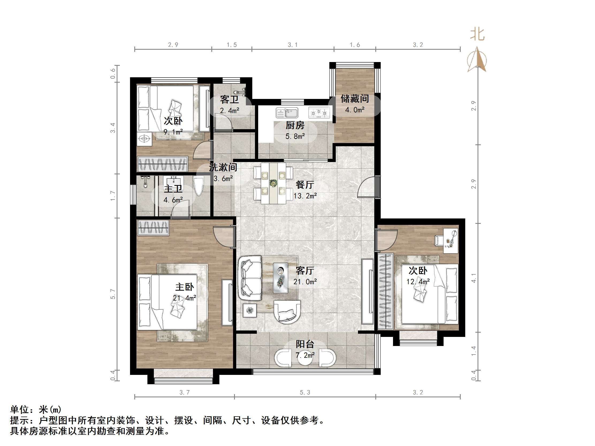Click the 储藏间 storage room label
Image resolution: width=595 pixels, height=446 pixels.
pyautogui.click(x=354, y=99)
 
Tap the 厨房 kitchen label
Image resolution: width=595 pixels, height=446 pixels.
pyautogui.click(x=295, y=125)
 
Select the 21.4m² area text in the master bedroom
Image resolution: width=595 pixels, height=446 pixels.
pyautogui.click(x=185, y=298)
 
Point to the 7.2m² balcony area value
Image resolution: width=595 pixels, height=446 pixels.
pyautogui.click(x=305, y=355)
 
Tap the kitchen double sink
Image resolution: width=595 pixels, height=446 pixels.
pyautogui.click(x=287, y=113)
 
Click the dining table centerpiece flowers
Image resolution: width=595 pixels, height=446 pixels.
pyautogui.click(x=274, y=183)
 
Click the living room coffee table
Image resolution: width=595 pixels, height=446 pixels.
pyautogui.click(x=281, y=278)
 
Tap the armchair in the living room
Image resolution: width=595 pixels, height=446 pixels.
pyautogui.click(x=287, y=312)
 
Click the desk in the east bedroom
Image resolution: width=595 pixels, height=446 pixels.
pyautogui.click(x=451, y=241)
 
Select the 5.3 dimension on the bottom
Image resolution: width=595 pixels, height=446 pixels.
pyautogui.click(x=305, y=393)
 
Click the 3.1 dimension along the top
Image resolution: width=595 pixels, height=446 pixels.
pyautogui.click(x=293, y=45)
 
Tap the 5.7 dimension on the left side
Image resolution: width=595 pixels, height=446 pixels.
pyautogui.click(x=113, y=294)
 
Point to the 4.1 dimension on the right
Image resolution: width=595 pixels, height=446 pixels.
pyautogui.click(x=474, y=278)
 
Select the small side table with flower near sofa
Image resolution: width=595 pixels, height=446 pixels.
pyautogui.click(x=250, y=310)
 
